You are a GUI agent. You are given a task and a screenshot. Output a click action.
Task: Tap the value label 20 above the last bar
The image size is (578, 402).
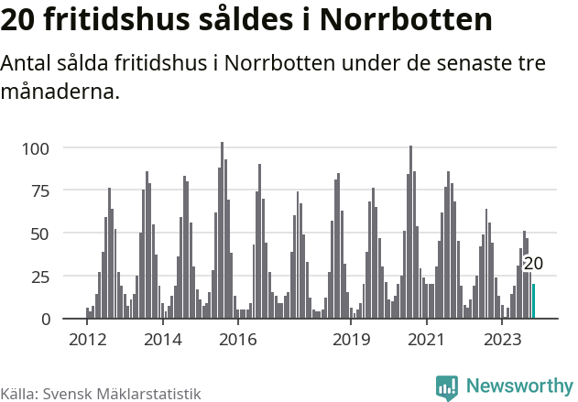click(x=533, y=264)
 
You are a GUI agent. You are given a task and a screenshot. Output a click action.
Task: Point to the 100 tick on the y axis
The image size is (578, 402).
click(x=48, y=148)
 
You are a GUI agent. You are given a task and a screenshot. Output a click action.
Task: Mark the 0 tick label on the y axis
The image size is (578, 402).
click(x=57, y=319)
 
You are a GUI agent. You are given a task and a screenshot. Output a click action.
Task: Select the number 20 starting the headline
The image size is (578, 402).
click(x=21, y=20)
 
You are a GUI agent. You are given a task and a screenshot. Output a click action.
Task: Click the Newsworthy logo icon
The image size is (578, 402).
click(x=447, y=387)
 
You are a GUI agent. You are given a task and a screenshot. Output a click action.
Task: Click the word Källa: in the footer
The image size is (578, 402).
click(x=19, y=394)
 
